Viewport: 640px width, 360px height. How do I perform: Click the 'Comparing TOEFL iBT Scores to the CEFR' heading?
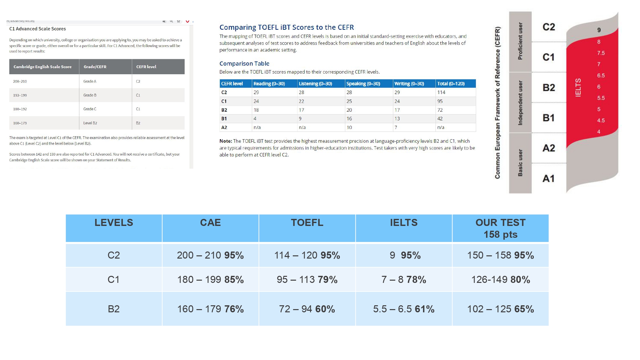click(286, 28)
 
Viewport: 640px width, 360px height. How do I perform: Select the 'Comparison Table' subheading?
click(244, 64)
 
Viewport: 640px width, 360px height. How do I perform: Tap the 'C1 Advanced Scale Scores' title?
click(37, 29)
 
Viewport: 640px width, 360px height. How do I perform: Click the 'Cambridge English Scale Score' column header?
click(42, 67)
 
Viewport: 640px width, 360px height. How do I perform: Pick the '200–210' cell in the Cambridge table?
click(20, 81)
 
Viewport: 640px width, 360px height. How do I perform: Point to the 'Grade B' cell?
click(90, 95)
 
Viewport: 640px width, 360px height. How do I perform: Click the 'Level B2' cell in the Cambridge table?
click(90, 123)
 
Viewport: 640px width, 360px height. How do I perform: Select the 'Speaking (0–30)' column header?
click(363, 84)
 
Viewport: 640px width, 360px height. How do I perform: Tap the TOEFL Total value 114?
click(441, 92)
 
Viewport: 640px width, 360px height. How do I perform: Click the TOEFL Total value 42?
click(440, 118)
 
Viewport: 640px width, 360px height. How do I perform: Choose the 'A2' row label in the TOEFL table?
click(224, 127)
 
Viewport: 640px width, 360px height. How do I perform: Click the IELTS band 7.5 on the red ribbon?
click(601, 53)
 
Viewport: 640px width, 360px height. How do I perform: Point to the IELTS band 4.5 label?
click(601, 121)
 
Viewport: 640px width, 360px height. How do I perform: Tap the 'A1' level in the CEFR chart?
click(548, 178)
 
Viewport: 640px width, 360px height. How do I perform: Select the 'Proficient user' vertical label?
click(520, 41)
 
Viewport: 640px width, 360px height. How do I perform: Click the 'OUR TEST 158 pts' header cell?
click(500, 228)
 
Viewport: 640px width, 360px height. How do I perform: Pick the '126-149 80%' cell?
click(500, 280)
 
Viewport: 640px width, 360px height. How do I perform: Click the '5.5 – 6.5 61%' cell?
click(404, 309)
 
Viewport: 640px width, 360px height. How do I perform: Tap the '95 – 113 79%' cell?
click(307, 280)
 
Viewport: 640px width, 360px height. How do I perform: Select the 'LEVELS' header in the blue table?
click(114, 223)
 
